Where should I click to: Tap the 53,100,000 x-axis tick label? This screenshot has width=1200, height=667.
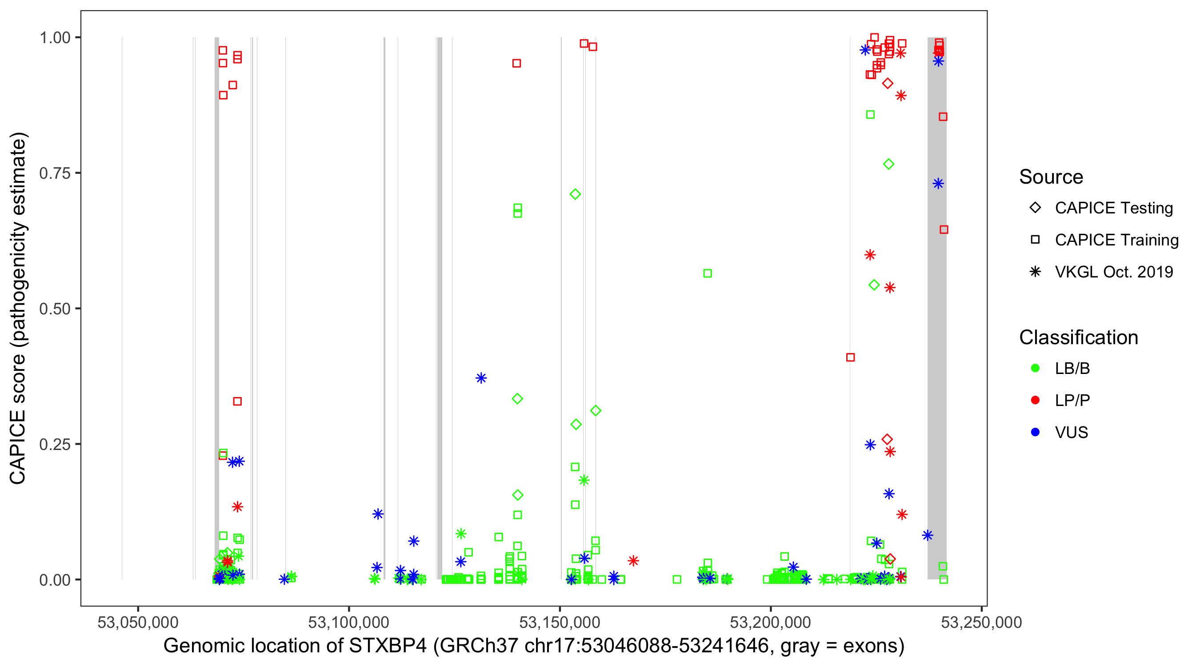[x=348, y=622]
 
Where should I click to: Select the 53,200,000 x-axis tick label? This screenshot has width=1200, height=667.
[x=770, y=622]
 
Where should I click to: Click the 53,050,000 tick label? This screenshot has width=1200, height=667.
[x=138, y=622]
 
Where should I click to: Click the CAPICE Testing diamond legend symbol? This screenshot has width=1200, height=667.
[x=1035, y=208]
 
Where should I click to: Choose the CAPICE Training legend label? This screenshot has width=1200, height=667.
[x=1116, y=240]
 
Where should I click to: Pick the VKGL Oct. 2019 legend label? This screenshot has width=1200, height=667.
[x=1114, y=272]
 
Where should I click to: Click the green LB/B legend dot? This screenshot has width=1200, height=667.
[x=1035, y=368]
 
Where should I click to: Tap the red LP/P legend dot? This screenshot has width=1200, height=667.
[x=1035, y=400]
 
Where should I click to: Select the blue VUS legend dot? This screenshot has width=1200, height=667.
[x=1035, y=432]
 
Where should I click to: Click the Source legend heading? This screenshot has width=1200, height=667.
[x=1051, y=177]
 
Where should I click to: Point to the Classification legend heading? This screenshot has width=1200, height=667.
[x=1078, y=338]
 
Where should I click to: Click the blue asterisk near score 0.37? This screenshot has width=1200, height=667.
[x=481, y=378]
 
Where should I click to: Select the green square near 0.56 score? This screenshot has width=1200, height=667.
[x=707, y=273]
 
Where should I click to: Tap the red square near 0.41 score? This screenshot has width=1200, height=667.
[x=850, y=358]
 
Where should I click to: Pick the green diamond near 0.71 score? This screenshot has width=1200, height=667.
[x=575, y=194]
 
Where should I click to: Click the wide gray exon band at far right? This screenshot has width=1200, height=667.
[x=936, y=326]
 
